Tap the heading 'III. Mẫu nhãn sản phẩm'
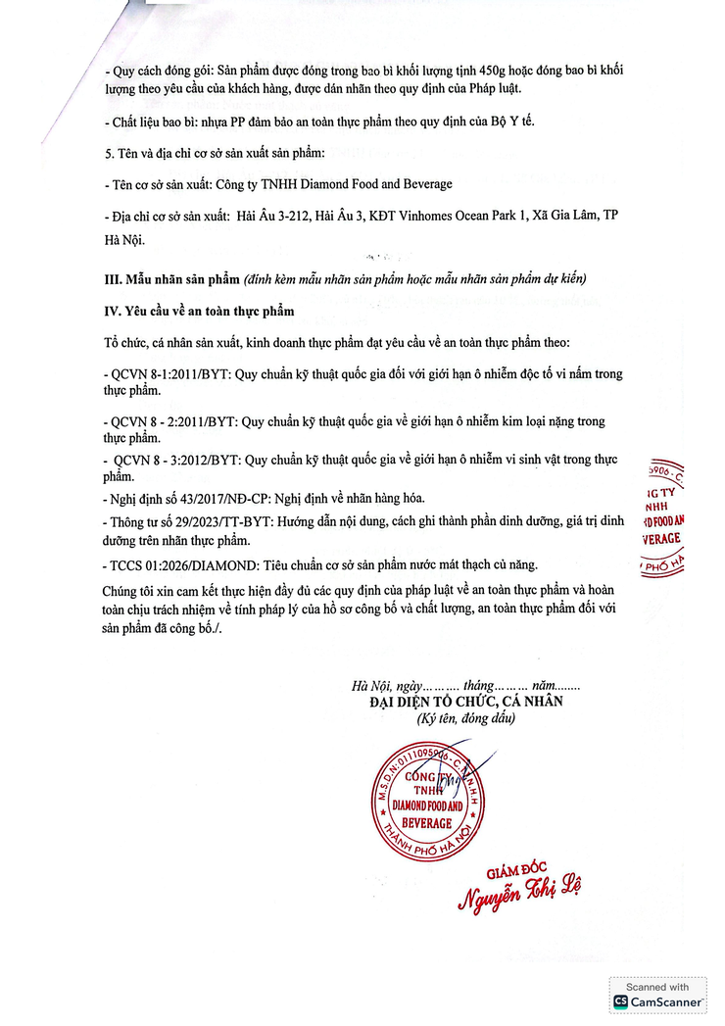pos(171,278)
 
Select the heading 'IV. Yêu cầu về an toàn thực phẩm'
pos(199,312)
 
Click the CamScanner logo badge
pos(657,995)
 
